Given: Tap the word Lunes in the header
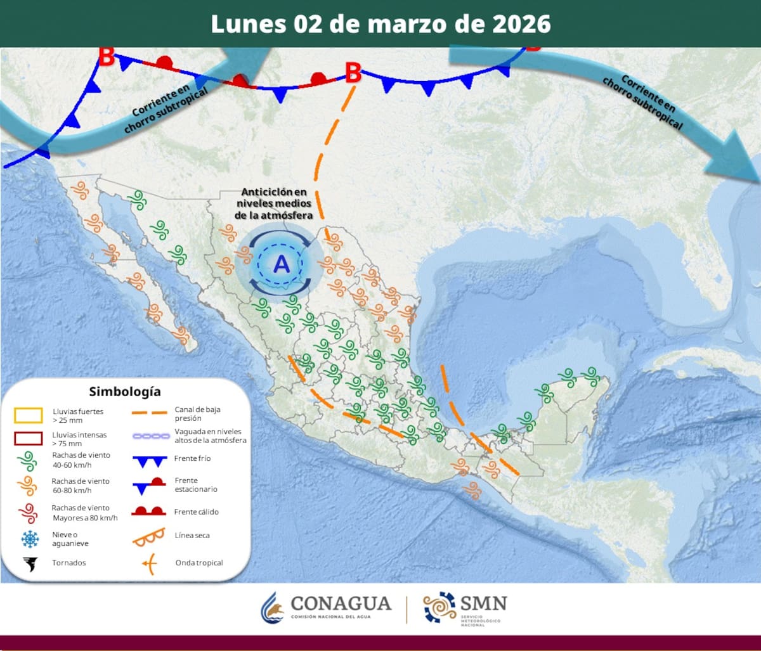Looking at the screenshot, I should [249, 23].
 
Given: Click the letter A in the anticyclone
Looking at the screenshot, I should [281, 264].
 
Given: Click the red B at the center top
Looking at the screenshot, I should [353, 73].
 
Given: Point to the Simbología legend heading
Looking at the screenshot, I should [125, 391].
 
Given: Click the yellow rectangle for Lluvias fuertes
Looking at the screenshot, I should [29, 416].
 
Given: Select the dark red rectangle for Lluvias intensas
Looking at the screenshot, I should [29, 439].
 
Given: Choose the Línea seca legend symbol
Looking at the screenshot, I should [148, 536].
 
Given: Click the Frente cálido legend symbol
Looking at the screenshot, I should [148, 511].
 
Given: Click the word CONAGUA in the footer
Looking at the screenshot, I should [340, 603].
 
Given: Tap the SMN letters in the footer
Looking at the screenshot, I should [484, 602].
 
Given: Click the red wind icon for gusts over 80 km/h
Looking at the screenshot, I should [28, 512].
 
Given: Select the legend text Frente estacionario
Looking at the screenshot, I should [195, 485].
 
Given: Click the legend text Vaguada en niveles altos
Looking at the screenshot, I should [210, 435].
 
